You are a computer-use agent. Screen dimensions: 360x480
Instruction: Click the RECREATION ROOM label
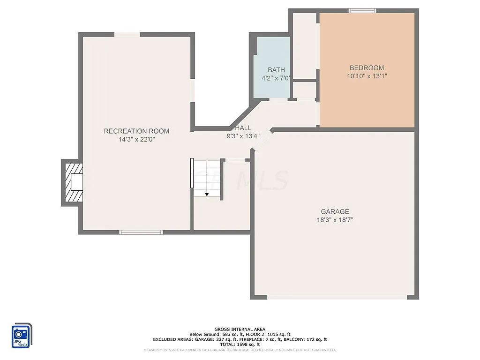tap(136, 131)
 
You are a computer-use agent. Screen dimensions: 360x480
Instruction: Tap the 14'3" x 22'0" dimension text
tap(136, 139)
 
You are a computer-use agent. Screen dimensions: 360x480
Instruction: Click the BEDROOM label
tap(366, 67)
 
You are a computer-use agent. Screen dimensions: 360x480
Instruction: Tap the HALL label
tap(243, 128)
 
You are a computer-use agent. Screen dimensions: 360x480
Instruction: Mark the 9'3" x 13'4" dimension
tap(243, 136)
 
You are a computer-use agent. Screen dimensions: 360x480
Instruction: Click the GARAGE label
tap(335, 211)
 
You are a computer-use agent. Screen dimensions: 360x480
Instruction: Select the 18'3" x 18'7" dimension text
tap(335, 219)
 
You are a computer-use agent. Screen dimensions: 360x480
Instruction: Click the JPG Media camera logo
tap(22, 336)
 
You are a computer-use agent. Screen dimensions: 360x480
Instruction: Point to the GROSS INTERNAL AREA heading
tap(240, 330)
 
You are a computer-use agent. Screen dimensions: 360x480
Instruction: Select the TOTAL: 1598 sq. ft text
tap(240, 344)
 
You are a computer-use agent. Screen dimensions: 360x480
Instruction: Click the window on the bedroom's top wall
tap(362, 10)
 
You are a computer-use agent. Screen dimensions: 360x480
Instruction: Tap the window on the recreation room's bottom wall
tap(141, 232)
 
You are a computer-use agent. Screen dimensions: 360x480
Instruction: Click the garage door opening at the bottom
tap(337, 297)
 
